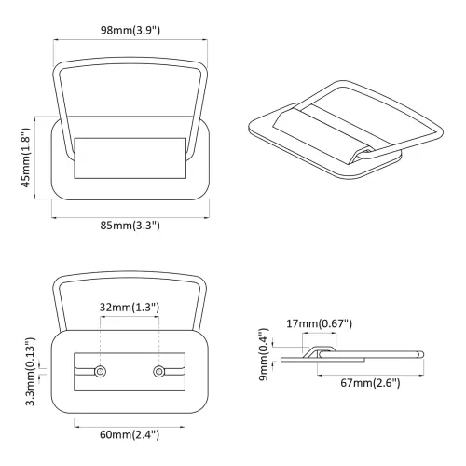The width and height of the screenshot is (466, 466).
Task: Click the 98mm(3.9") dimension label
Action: click(x=130, y=31)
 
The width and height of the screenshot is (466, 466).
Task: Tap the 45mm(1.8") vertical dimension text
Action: click(x=26, y=158)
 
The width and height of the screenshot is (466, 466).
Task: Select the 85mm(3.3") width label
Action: click(x=130, y=226)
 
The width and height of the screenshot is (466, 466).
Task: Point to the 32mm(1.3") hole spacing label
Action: click(x=130, y=308)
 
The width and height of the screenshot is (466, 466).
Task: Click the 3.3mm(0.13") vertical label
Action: click(x=31, y=372)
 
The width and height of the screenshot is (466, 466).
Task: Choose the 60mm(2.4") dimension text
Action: click(x=130, y=434)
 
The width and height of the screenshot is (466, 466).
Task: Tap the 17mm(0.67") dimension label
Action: click(x=319, y=323)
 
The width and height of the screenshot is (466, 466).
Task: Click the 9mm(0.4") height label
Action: click(x=264, y=354)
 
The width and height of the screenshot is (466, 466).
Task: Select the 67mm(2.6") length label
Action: click(x=370, y=383)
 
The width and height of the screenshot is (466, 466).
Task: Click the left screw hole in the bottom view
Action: click(x=100, y=371)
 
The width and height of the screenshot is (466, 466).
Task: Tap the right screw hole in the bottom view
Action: click(x=158, y=371)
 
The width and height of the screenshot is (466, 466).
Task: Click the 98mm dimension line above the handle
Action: click(x=130, y=39)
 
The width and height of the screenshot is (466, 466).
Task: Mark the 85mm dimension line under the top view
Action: click(x=130, y=218)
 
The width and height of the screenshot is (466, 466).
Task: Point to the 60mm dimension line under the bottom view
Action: click(x=130, y=427)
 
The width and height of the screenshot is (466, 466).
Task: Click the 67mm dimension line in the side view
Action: click(x=371, y=376)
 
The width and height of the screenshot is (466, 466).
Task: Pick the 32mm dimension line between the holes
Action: click(x=130, y=317)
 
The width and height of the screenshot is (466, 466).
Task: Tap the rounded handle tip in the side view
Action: click(x=421, y=354)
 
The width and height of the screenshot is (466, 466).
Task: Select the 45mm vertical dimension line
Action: click(x=34, y=158)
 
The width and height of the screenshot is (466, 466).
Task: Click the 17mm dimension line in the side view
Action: click(x=319, y=333)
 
